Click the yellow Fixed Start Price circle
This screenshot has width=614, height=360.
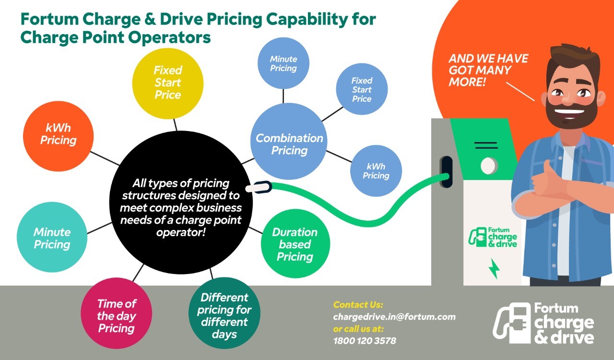tap(168, 84)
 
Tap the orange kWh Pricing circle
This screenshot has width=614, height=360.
tap(58, 136)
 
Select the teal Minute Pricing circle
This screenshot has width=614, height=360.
tap(52, 237)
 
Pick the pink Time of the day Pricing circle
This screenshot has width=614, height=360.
tap(117, 313)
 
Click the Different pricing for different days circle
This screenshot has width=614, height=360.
tap(224, 313)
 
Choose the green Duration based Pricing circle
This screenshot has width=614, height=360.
tap(295, 244)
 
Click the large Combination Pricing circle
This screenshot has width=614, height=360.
tap(289, 141)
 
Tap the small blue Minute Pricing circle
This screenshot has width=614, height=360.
tap(283, 63)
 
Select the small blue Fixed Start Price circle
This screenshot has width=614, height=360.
tap(362, 89)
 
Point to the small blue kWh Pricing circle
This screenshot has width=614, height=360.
tap(376, 171)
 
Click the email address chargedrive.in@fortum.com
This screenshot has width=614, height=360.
tap(394, 317)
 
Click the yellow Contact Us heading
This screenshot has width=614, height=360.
tap(358, 305)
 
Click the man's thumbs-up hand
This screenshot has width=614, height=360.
tap(547, 181)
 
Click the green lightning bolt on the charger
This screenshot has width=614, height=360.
tap(495, 269)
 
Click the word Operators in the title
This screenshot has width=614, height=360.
tap(169, 37)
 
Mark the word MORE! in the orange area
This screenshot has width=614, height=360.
tap(467, 82)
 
